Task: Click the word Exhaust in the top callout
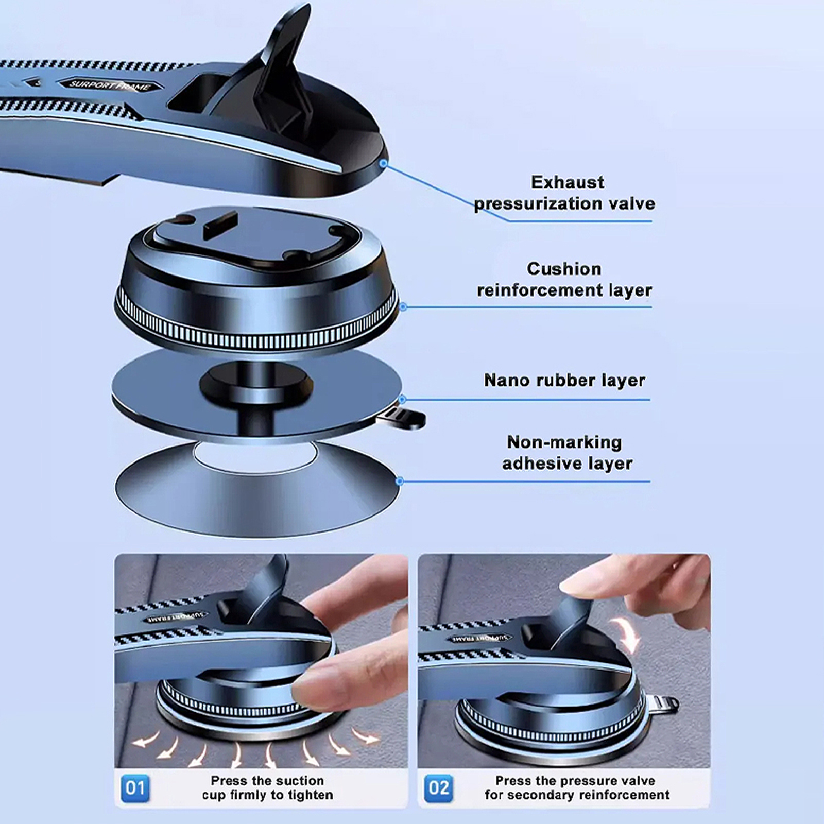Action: point(568,182)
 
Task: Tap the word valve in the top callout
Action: point(631,203)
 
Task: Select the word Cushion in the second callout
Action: point(564,269)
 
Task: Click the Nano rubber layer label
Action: point(564,381)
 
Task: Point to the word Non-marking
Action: point(564,442)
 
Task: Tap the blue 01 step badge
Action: point(135,787)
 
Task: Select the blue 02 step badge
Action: point(439,787)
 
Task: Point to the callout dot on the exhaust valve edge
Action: point(383,163)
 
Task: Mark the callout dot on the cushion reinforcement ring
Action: point(403,307)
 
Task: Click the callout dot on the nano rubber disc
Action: point(402,399)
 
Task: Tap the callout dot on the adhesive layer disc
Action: point(399,482)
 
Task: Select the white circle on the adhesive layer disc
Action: point(256,455)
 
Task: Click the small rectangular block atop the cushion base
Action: point(220,225)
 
